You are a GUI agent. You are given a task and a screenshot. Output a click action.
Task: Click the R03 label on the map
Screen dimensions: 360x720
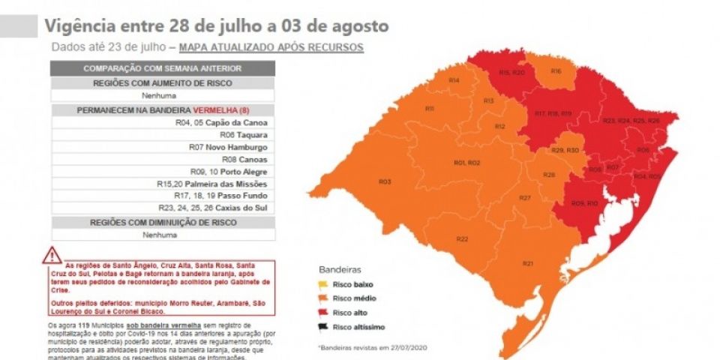pyautogui.click(x=385, y=181)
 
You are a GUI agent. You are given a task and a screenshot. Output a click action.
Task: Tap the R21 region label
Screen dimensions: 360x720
pyautogui.click(x=528, y=263)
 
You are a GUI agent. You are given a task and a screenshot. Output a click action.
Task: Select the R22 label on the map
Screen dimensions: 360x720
pyautogui.click(x=462, y=238)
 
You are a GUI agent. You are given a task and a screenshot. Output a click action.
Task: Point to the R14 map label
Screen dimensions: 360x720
pyautogui.click(x=454, y=79)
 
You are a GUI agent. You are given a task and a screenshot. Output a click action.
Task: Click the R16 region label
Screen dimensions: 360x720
pyautogui.click(x=556, y=71)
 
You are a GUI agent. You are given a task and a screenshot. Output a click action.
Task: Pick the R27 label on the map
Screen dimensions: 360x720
pyautogui.click(x=525, y=197)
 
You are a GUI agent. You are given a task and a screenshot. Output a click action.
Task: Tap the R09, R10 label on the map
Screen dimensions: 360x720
pyautogui.click(x=584, y=203)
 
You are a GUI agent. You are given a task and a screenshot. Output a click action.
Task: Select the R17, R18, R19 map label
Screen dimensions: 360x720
pyautogui.click(x=553, y=113)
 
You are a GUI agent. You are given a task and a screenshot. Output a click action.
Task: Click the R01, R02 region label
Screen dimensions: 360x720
pyautogui.click(x=467, y=163)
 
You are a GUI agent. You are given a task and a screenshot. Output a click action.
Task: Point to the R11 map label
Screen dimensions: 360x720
pyautogui.click(x=430, y=109)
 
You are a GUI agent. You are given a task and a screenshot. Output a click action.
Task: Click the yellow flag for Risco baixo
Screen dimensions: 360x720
pyautogui.click(x=323, y=285)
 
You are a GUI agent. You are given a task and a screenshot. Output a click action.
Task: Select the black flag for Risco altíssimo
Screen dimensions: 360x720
pyautogui.click(x=323, y=325)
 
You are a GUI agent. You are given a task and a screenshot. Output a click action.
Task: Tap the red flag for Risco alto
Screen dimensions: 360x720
pyautogui.click(x=323, y=312)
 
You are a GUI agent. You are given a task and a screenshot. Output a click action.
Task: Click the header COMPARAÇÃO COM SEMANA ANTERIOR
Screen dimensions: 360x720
pyautogui.click(x=163, y=68)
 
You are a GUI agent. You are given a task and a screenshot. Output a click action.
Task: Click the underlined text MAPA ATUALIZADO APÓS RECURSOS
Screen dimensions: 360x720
pyautogui.click(x=271, y=47)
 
